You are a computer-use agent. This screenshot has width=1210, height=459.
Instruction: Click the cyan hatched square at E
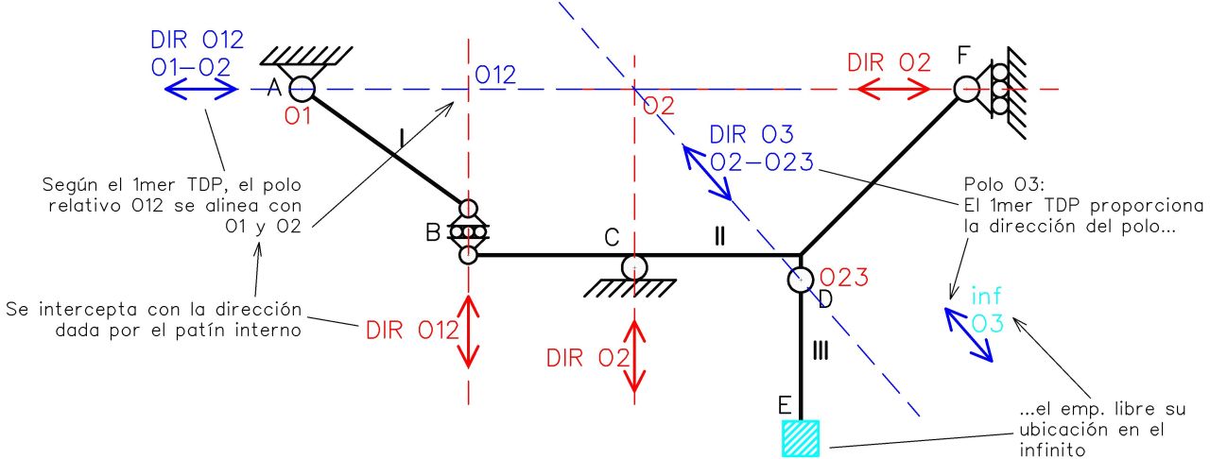801,438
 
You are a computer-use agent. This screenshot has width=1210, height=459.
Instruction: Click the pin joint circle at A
302,89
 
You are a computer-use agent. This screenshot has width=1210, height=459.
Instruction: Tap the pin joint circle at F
967,89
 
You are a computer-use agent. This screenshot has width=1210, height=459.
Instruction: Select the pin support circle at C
633,267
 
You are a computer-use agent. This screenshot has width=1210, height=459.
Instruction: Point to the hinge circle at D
801,280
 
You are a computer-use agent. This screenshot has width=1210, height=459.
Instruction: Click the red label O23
843,278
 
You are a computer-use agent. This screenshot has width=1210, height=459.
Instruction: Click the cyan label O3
987,323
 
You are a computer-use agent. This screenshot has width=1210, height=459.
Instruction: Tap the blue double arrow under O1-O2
201,90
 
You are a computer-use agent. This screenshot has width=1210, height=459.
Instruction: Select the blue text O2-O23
762,161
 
